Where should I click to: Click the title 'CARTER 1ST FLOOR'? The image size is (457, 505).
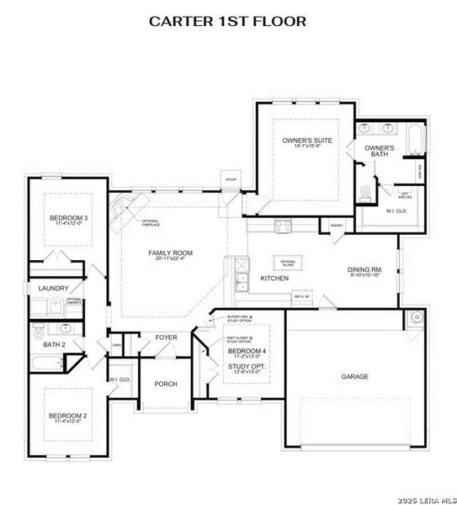(228, 20)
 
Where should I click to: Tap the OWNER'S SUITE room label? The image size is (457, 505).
(307, 140)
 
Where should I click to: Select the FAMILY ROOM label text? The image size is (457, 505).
(171, 252)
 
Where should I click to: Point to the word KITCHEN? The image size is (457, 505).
(274, 278)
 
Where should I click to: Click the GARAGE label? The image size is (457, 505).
(353, 376)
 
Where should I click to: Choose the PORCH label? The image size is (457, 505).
(166, 384)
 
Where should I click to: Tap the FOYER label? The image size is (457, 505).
(166, 338)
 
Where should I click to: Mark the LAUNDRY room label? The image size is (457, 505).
(53, 288)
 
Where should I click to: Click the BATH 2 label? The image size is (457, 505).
(54, 344)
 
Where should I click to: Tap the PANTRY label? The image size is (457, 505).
(337, 226)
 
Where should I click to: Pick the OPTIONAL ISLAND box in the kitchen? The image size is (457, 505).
(289, 263)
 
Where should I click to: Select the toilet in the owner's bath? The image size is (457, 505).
(364, 192)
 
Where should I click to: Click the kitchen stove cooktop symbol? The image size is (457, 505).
(282, 225)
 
